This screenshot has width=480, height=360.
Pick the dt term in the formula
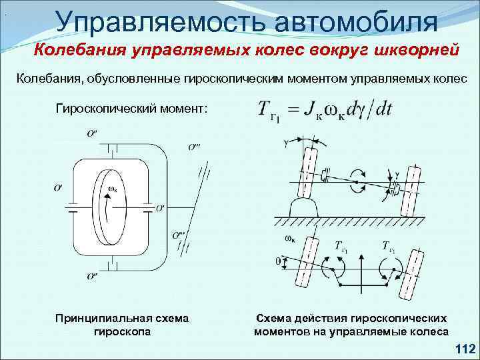coord(383,110)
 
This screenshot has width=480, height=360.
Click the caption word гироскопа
coord(123,331)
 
